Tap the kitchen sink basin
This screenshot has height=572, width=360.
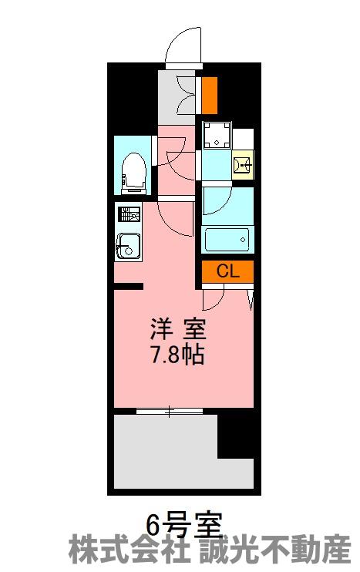point(128,246)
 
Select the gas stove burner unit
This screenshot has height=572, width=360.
point(129,214)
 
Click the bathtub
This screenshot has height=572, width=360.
point(227,239)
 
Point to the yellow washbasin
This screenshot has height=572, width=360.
point(242,165)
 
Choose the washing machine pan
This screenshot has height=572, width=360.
point(217,135)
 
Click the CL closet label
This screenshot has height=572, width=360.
point(227,271)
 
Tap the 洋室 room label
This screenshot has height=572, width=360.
point(178,328)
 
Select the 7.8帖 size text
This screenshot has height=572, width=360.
point(177,355)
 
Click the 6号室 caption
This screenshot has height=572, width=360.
point(183,525)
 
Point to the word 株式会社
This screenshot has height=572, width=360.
point(129,550)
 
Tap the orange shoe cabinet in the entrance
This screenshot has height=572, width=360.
point(210,95)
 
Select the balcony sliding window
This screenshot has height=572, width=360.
point(170,411)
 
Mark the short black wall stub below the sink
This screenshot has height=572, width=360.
point(128,286)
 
